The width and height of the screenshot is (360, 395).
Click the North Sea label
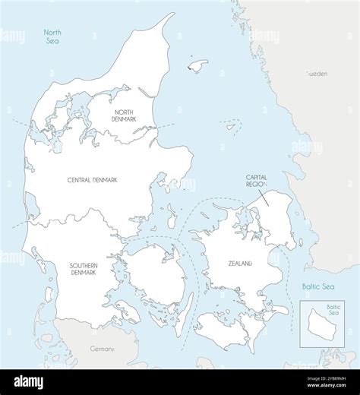52,36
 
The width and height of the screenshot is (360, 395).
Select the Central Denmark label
97,180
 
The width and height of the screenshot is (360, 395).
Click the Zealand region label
239,264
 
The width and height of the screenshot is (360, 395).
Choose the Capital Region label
257,181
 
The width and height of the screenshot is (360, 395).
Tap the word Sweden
317,74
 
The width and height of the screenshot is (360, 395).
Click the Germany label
101,349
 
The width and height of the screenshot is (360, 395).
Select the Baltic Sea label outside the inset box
317,286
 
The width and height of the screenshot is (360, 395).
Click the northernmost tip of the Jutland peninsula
172,14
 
